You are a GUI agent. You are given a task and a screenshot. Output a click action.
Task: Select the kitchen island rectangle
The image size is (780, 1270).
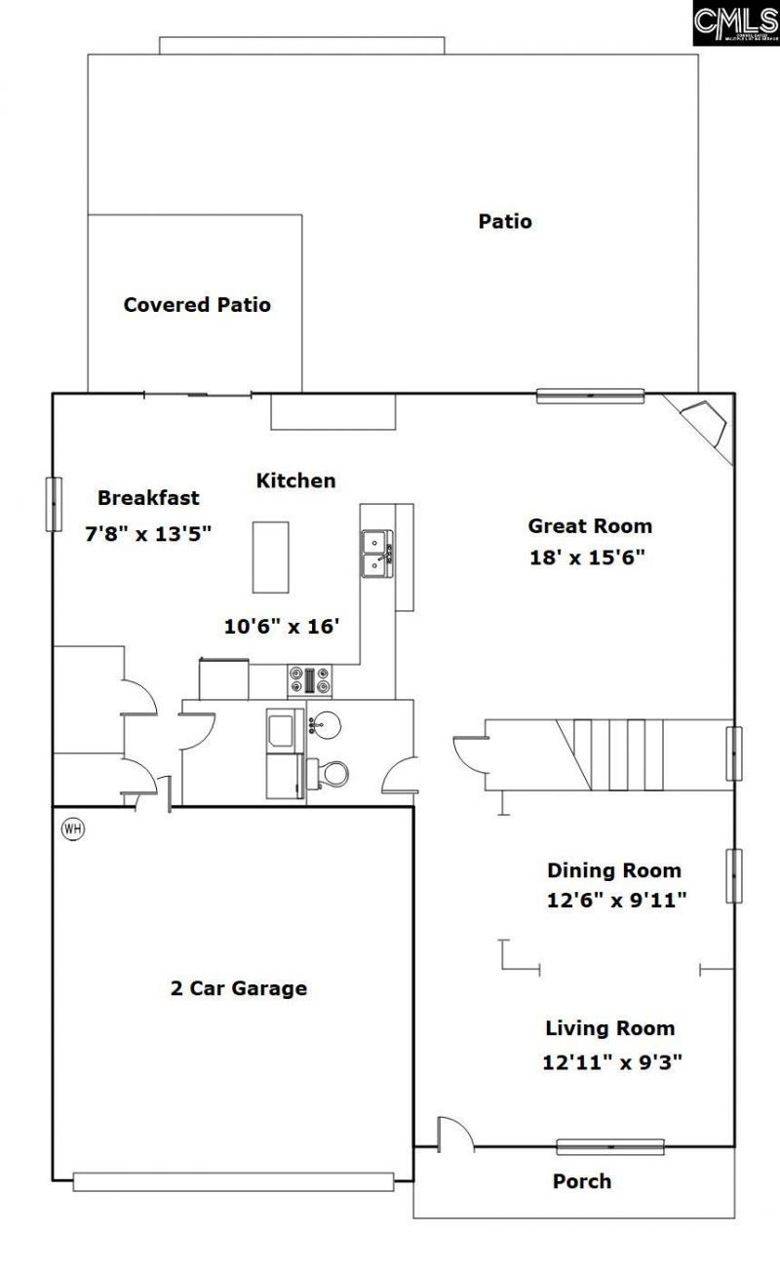[271, 557]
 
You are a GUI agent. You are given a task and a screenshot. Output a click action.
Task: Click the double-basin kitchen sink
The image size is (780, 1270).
[376, 554]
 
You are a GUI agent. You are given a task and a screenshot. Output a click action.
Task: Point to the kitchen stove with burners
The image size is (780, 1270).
[310, 680]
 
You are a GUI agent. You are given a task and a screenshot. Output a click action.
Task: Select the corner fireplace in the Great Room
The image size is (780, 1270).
[710, 424]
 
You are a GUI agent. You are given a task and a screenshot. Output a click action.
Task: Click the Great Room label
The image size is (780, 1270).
[590, 526]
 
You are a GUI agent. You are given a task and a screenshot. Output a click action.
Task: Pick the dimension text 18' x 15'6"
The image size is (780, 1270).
[588, 558]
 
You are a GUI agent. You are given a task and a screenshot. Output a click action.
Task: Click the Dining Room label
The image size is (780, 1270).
[613, 870]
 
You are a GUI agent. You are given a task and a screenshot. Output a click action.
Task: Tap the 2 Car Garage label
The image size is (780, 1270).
[239, 988]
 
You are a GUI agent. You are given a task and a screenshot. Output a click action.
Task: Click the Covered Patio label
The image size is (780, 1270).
[197, 305]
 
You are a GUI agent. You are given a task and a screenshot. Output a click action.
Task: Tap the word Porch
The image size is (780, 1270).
[582, 1181]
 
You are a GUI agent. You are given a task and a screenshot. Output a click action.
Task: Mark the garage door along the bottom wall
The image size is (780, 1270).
[234, 1181]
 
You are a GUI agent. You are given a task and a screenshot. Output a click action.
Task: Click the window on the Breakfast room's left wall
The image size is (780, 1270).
[53, 504]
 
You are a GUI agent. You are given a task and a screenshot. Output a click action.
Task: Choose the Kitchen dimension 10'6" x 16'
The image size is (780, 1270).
[281, 627]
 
